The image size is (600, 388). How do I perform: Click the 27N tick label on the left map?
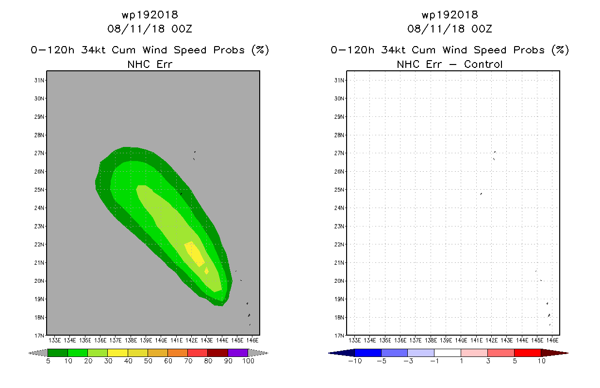(39, 153)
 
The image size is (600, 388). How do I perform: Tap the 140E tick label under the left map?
(161, 340)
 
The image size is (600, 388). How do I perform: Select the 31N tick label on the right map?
(339, 81)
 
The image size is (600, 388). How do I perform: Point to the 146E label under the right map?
(552, 340)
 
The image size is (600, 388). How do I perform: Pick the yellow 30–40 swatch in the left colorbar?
(118, 353)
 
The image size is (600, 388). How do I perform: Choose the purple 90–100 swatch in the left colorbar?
(238, 353)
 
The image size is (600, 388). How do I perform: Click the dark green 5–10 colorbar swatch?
(58, 353)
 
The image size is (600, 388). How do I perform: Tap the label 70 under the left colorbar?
(188, 361)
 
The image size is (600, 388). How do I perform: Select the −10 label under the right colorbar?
(355, 361)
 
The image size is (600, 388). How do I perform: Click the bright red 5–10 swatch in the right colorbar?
(528, 353)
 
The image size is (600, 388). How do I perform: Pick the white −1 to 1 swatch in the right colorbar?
(448, 353)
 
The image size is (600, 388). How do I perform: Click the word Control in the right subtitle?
(483, 64)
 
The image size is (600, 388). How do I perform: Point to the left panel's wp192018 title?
(150, 15)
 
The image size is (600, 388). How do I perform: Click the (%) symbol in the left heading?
(260, 50)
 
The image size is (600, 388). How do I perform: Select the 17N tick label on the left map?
(39, 336)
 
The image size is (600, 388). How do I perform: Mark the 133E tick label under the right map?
(355, 340)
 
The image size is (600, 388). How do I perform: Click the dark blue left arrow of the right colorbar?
(341, 353)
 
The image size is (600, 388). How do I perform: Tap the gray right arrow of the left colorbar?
(258, 353)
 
